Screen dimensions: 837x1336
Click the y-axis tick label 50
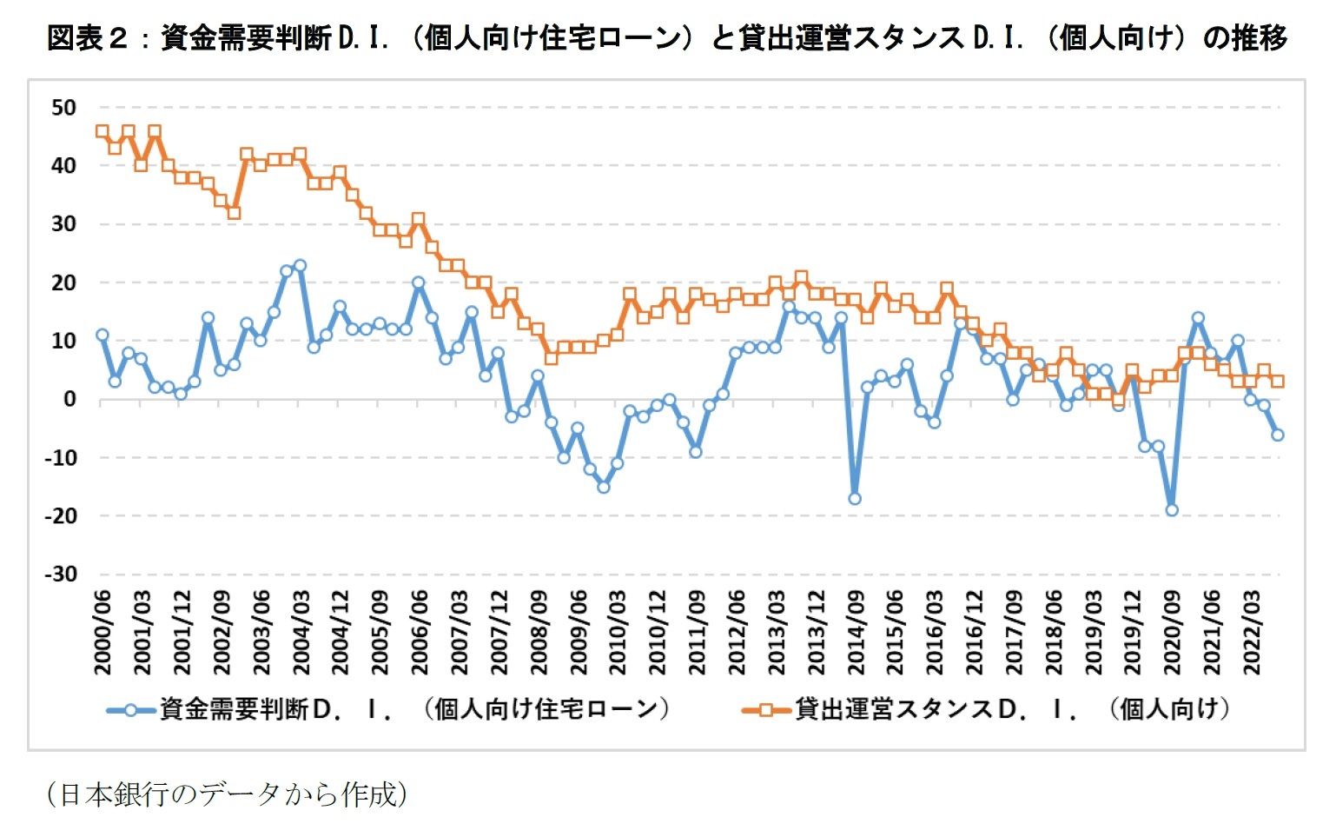click(64, 108)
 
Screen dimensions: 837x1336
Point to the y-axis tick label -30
click(61, 575)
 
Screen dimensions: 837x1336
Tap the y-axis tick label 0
click(69, 400)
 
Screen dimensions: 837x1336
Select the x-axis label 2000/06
click(103, 632)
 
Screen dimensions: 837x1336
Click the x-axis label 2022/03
click(1252, 632)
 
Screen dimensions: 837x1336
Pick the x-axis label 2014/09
click(856, 632)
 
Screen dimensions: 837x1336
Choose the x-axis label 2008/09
click(539, 632)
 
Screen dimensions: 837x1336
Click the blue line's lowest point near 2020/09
click(1172, 510)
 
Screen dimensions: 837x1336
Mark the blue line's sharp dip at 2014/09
click(855, 499)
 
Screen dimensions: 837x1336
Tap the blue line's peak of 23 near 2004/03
click(300, 265)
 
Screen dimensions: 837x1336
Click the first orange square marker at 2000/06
click(103, 131)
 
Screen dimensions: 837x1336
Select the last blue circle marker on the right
click(1278, 435)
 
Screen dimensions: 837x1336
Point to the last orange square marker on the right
click(1278, 381)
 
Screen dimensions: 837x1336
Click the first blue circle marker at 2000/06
click(103, 335)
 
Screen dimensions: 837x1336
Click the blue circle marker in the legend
click(130, 710)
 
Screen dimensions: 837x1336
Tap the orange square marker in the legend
click(766, 710)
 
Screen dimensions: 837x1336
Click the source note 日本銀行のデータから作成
click(227, 794)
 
